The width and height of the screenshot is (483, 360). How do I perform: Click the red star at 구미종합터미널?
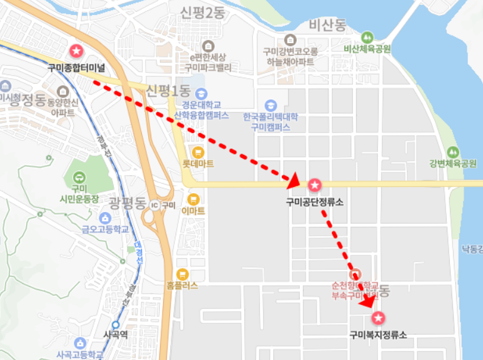(76, 50)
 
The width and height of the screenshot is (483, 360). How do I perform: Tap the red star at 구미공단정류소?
(314, 184)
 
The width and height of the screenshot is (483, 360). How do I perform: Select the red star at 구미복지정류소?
(378, 319)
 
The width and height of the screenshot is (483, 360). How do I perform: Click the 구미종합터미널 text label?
(76, 66)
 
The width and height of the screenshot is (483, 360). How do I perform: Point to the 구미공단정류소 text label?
(314, 202)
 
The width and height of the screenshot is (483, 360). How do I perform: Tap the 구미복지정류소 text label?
(378, 335)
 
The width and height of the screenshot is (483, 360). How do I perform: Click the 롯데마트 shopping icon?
(198, 152)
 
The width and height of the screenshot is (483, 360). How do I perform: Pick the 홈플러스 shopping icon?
(182, 274)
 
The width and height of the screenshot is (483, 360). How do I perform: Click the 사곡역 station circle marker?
(116, 324)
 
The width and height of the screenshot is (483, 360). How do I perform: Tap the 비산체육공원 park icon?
(367, 37)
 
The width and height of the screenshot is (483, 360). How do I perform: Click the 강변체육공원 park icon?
(453, 152)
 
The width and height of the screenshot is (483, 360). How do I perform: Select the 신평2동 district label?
(202, 12)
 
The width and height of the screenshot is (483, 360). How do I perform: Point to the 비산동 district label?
(327, 25)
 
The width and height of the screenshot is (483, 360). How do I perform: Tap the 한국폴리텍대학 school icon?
(271, 105)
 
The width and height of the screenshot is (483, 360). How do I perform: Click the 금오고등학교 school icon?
(104, 217)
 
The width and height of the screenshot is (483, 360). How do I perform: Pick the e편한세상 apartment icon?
(208, 46)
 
